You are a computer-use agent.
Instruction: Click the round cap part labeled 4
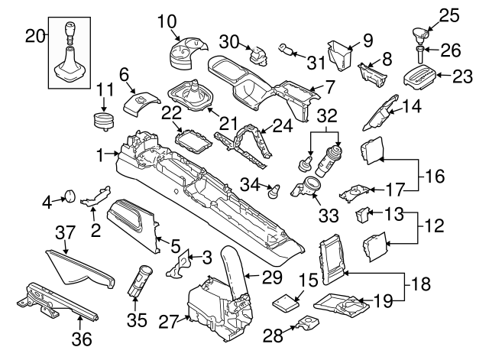coord(68,196)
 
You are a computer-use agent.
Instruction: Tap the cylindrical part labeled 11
coord(102,122)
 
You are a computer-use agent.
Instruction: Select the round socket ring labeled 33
coord(313,185)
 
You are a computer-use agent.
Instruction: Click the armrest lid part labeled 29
coord(235,268)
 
